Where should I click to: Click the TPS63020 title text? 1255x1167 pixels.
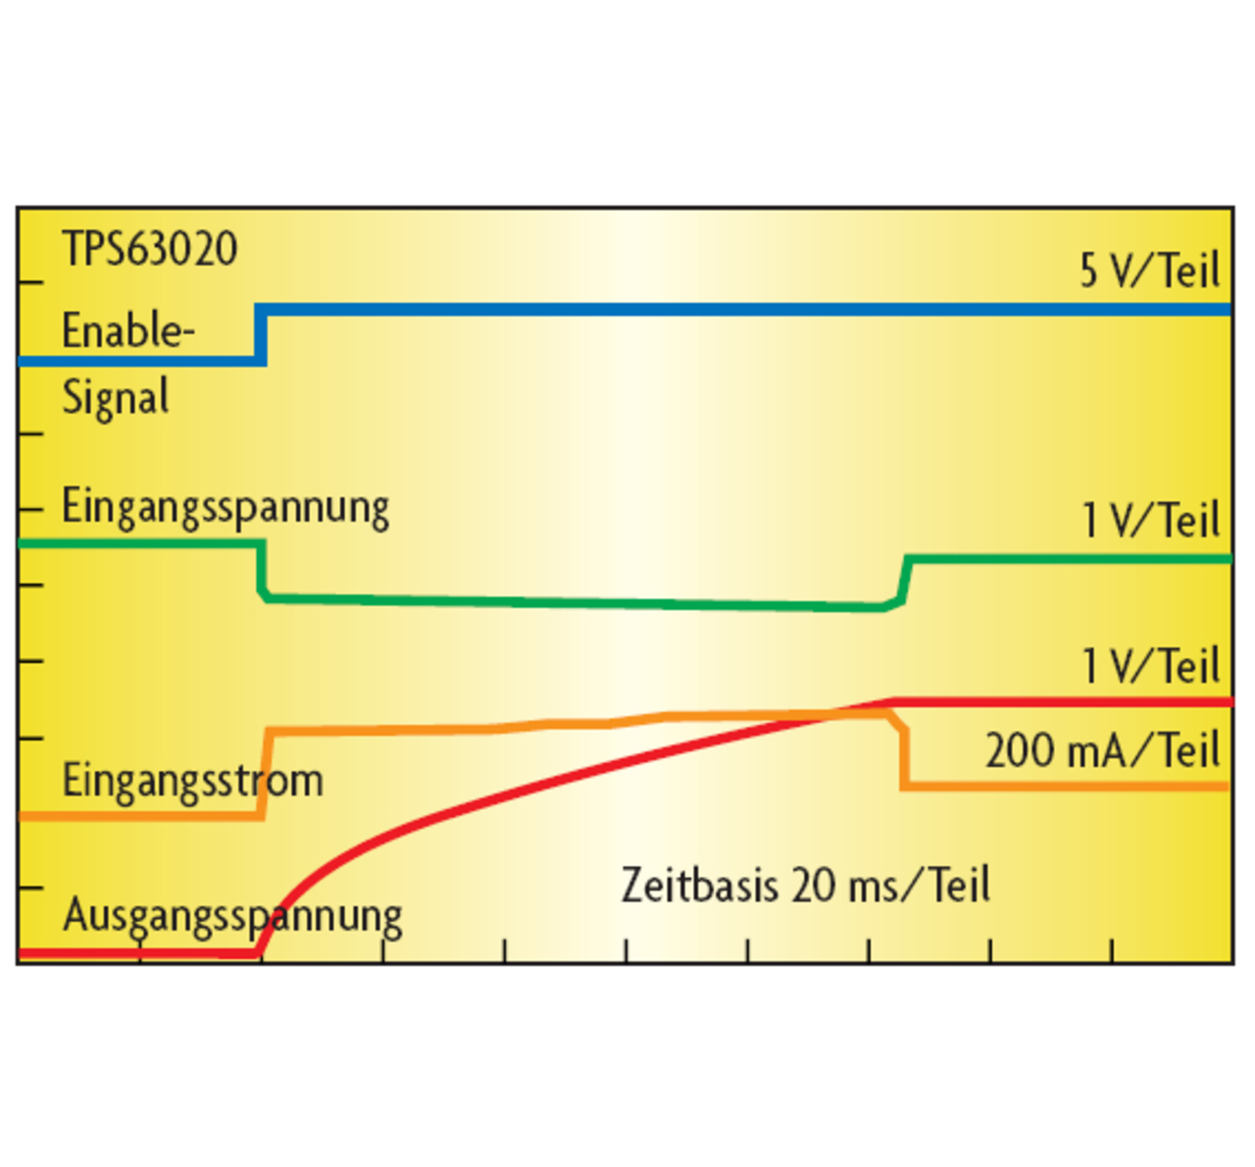tap(149, 249)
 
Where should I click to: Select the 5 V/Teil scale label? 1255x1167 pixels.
tap(1149, 271)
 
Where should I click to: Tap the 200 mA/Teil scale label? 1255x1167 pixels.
tap(1102, 751)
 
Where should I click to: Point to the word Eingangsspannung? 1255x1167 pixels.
tap(226, 508)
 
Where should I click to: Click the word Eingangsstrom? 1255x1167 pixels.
tap(192, 781)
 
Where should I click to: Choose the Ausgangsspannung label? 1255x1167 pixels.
tap(232, 916)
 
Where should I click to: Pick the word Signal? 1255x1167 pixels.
tap(116, 398)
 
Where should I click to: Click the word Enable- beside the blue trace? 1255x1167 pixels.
tap(127, 331)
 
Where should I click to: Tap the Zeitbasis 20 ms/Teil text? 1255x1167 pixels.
tap(805, 885)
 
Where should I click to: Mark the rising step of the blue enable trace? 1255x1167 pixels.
tap(261, 335)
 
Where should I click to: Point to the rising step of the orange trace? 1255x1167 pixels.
tap(264, 773)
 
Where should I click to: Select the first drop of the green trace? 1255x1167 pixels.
tap(262, 570)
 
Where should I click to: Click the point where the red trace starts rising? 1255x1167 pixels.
tap(261, 949)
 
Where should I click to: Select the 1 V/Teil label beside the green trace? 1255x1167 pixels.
tap(1150, 521)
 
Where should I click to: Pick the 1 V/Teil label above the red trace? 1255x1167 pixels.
tap(1150, 667)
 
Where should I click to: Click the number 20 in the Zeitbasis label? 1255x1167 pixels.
tap(813, 885)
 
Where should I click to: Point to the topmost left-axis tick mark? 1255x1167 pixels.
tap(31, 283)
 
